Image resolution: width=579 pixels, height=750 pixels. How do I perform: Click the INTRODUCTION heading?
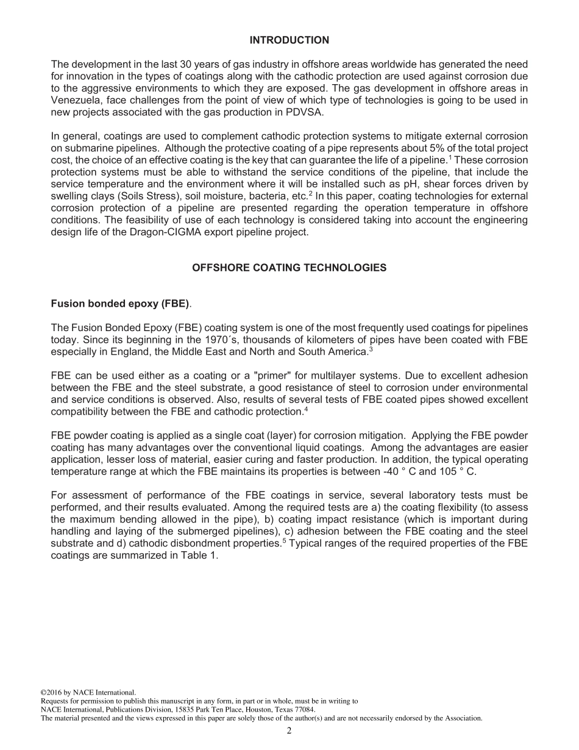(x=289, y=40)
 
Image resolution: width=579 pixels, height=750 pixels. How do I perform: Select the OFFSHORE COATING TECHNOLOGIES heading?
(x=289, y=268)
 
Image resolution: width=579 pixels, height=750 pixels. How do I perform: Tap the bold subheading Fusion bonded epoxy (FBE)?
(x=120, y=303)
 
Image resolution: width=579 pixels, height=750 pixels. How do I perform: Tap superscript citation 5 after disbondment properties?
(x=284, y=541)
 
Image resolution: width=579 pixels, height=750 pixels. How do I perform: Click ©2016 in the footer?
(x=51, y=693)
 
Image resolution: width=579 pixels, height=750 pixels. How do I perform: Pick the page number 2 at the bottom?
(x=289, y=731)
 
